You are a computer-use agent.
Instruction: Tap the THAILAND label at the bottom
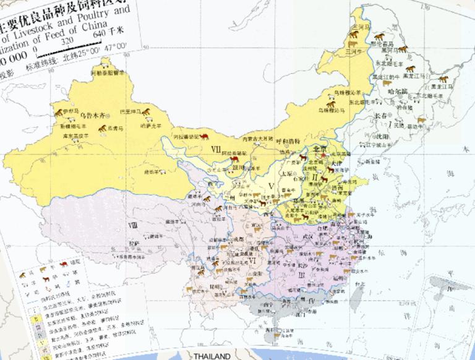pos(212,356)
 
